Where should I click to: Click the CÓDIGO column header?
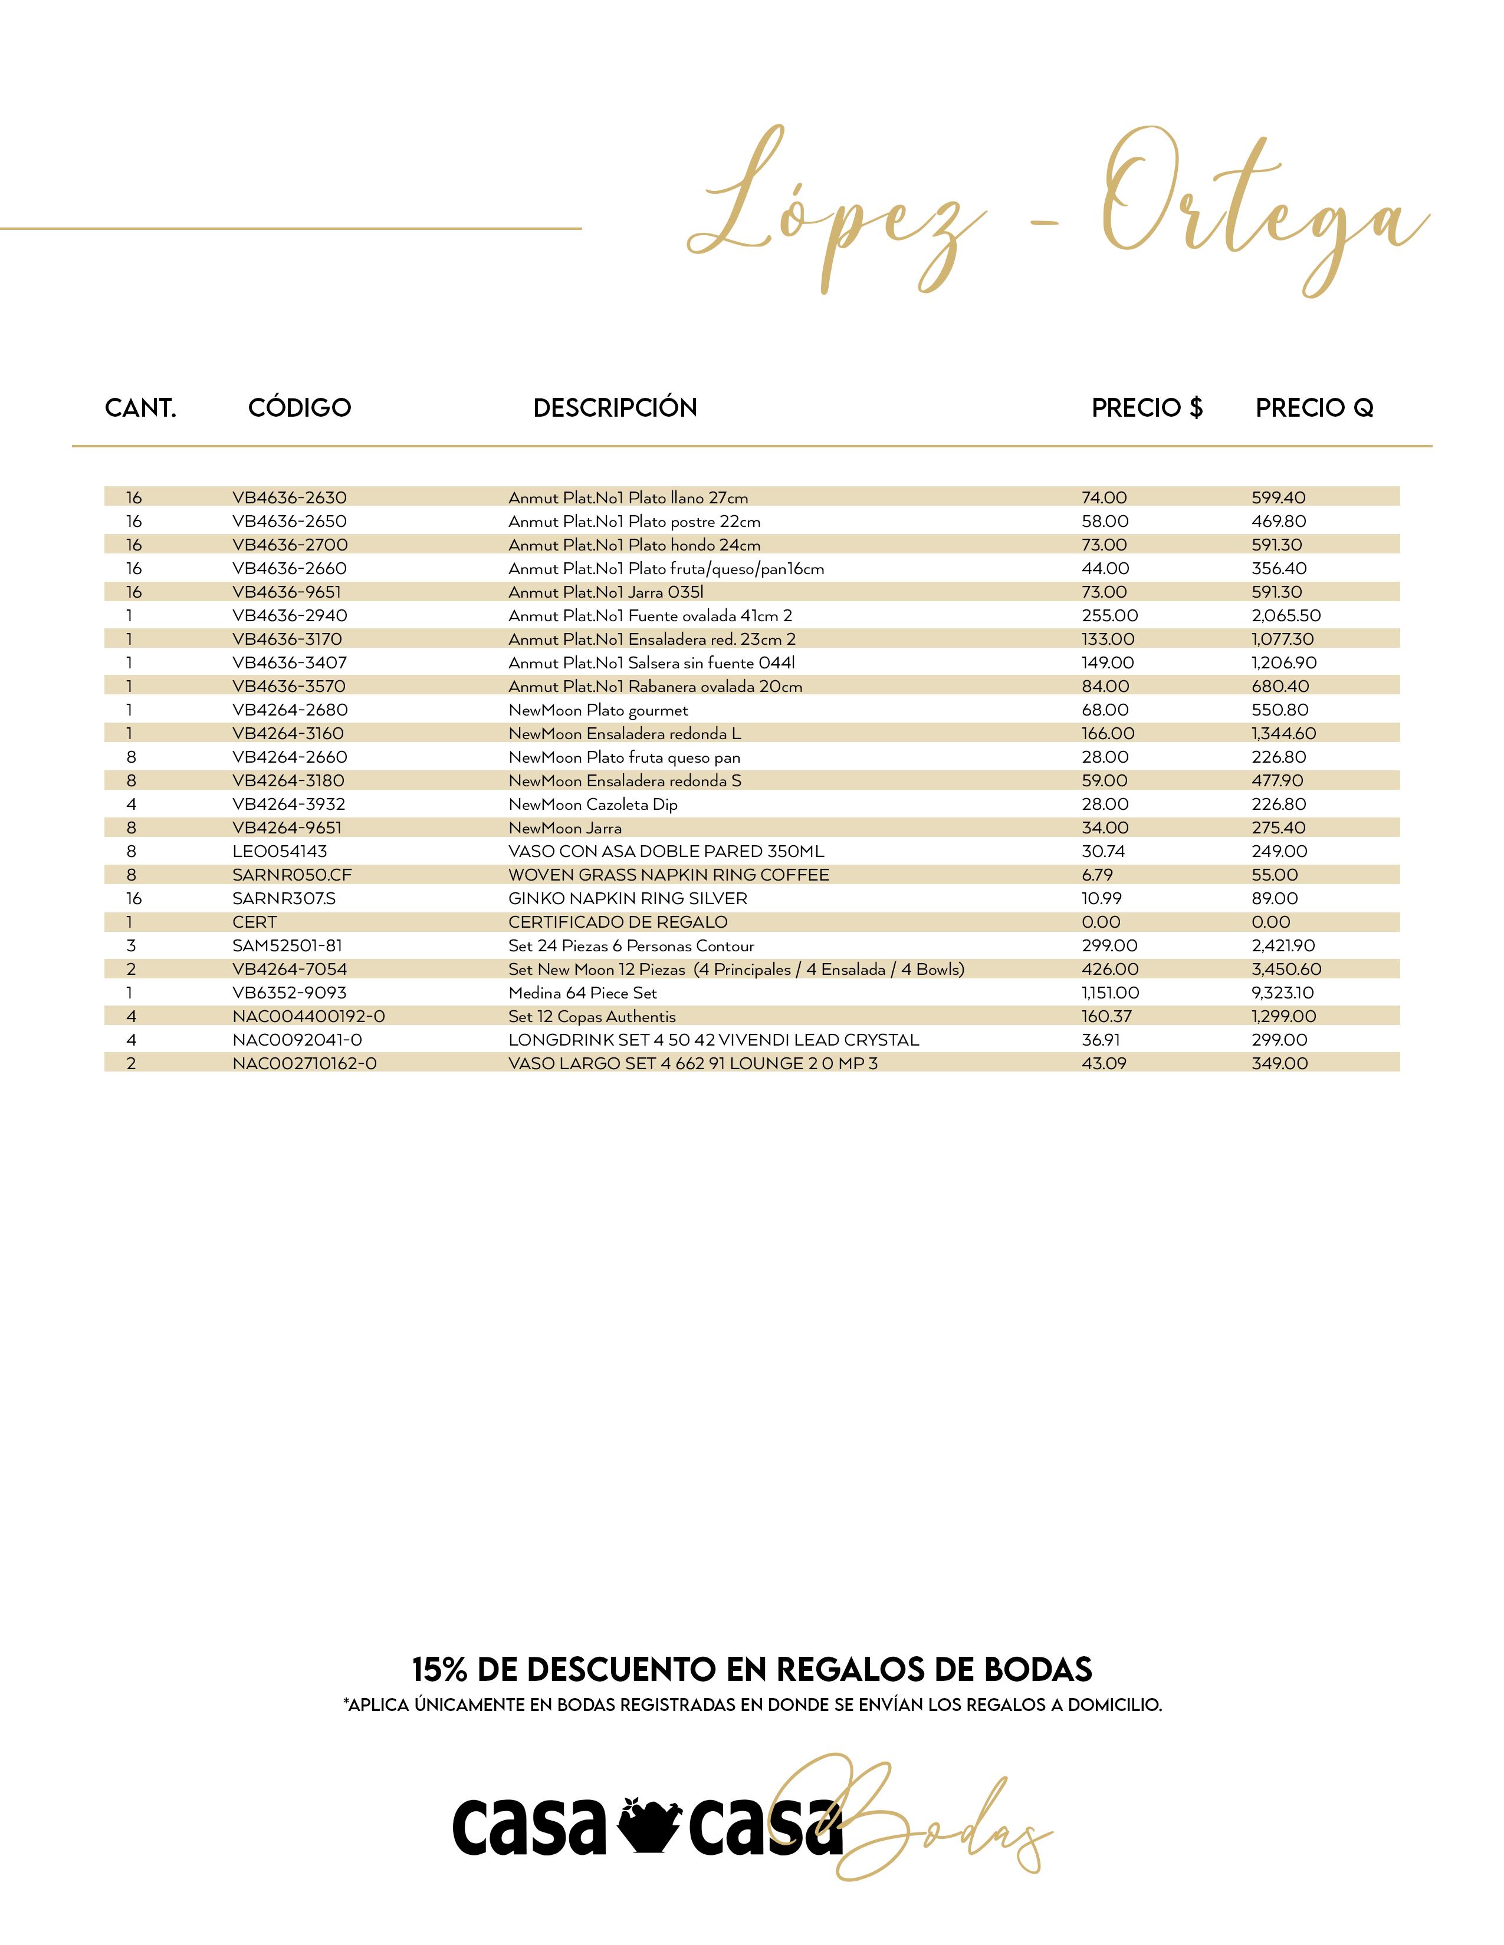coord(300,408)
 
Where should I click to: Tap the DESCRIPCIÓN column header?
coord(615,408)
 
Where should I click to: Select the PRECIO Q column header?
coord(1314,408)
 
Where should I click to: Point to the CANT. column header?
coord(141,408)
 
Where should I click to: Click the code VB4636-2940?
coord(290,615)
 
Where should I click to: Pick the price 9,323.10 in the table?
coord(1282,993)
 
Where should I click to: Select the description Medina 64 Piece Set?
coord(583,993)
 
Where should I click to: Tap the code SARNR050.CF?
coord(292,875)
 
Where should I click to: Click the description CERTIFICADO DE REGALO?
coord(618,922)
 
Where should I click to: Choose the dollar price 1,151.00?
coord(1110,993)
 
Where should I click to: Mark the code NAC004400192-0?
coord(308,1016)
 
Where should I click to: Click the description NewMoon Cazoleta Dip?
coord(593,804)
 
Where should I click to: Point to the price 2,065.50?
coord(1286,615)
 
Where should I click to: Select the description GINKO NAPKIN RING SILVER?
coord(628,899)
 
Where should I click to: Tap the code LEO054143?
coord(280,852)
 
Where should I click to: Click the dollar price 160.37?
coord(1106,1016)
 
